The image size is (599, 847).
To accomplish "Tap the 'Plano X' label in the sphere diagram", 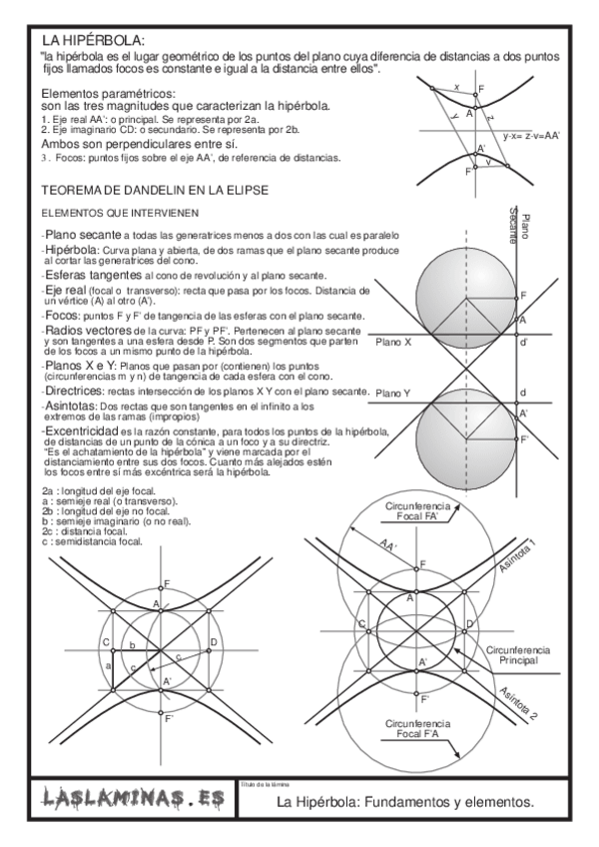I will click(x=394, y=342).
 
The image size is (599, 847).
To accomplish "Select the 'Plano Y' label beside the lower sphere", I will click(x=393, y=395).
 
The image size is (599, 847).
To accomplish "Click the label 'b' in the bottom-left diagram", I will click(x=130, y=647).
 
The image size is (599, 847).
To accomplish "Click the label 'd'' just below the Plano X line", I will click(x=523, y=343).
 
